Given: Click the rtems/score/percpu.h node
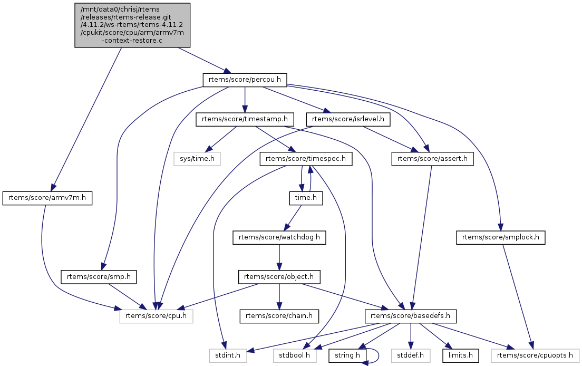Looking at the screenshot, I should [x=245, y=80].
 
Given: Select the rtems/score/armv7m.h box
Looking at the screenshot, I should [x=48, y=198].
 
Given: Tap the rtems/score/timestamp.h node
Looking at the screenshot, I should [x=245, y=120].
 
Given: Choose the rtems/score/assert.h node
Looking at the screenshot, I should [x=432, y=158].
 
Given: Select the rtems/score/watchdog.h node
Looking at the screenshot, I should [x=279, y=238].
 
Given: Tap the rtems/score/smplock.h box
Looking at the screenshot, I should [x=501, y=238].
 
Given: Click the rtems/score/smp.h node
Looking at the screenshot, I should [x=99, y=276].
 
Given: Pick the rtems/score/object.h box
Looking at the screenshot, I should [x=279, y=276].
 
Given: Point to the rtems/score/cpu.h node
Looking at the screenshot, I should [x=156, y=316].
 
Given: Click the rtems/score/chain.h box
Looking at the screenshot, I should [x=279, y=316].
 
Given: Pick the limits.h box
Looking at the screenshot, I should [x=461, y=355].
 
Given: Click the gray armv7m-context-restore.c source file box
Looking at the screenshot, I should [x=132, y=25].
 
